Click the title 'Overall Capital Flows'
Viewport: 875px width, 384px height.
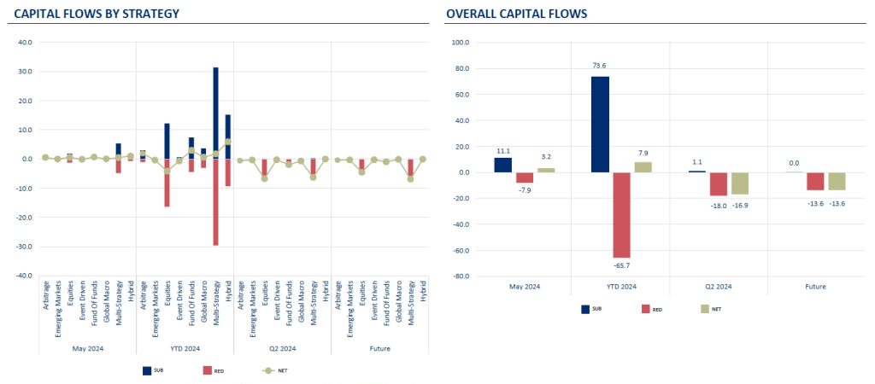(x=516, y=14)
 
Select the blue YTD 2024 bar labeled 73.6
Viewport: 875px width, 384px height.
(x=600, y=125)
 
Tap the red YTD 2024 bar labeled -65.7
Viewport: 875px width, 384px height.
(x=621, y=214)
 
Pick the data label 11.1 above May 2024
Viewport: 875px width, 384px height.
(x=502, y=150)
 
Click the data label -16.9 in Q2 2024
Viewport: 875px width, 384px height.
(x=740, y=205)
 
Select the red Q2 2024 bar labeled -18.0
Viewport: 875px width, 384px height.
(x=719, y=184)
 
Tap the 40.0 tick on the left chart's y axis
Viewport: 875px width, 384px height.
(x=24, y=42)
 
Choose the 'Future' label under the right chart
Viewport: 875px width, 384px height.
(x=816, y=287)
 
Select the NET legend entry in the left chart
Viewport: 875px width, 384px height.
(x=274, y=371)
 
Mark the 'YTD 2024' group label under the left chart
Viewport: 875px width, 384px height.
(x=185, y=348)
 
